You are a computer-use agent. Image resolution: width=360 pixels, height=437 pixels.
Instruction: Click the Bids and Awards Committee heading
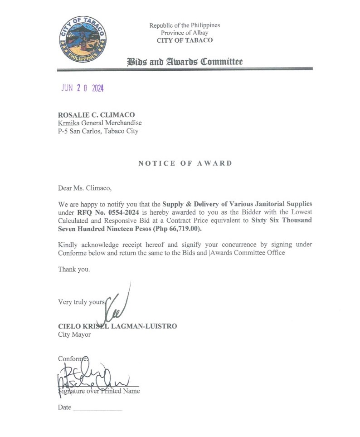tap(185, 62)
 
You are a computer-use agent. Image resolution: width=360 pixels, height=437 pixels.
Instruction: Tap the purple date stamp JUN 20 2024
tap(83, 88)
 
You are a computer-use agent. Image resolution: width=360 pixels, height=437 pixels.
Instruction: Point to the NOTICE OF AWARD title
tap(185, 163)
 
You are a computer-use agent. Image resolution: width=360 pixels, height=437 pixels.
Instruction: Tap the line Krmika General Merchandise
tap(100, 123)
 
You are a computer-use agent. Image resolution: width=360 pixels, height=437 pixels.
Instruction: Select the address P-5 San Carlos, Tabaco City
tap(98, 131)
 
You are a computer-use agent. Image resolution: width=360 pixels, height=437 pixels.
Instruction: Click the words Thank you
tap(74, 269)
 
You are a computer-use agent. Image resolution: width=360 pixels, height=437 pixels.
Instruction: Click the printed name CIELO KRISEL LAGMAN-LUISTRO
tap(117, 326)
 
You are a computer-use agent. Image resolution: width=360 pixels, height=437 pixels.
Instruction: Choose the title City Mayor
tap(74, 334)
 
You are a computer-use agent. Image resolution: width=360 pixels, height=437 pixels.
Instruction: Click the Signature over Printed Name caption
tap(99, 391)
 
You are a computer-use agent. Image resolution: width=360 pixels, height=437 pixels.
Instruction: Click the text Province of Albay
tap(185, 33)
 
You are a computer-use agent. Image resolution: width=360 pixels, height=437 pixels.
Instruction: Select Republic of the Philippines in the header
tap(185, 25)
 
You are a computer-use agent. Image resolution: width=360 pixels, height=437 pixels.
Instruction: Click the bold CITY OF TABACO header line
tap(185, 40)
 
